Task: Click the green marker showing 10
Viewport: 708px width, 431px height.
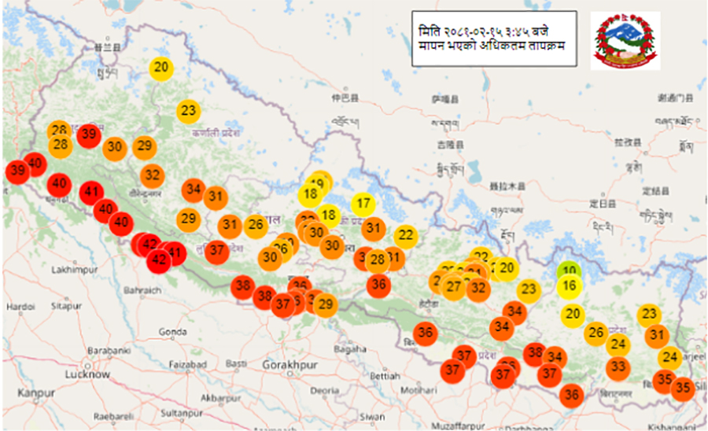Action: pyautogui.click(x=568, y=271)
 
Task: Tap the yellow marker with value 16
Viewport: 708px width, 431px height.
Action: pyautogui.click(x=570, y=285)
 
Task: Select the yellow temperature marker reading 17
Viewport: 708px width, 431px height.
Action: pyautogui.click(x=363, y=204)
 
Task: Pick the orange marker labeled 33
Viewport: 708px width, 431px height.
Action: pyautogui.click(x=618, y=367)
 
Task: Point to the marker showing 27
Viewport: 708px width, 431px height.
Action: pyautogui.click(x=454, y=287)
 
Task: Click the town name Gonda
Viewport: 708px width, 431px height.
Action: pyautogui.click(x=171, y=332)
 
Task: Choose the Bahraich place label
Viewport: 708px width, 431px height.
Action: pyautogui.click(x=142, y=290)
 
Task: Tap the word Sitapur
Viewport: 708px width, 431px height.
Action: pyautogui.click(x=66, y=304)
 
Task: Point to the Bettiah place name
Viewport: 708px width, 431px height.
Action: pyautogui.click(x=385, y=375)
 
